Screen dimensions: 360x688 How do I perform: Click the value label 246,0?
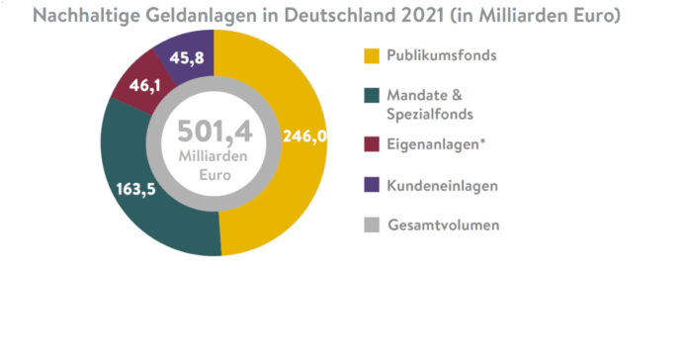pos(303,136)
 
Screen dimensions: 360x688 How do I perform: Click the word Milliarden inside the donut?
pos(213,157)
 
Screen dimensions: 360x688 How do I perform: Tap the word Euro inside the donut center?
pos(213,175)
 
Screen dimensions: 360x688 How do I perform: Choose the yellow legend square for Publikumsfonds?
pos(371,54)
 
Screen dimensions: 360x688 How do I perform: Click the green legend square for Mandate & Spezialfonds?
pos(371,96)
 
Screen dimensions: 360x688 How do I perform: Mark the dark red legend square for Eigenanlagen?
pos(371,144)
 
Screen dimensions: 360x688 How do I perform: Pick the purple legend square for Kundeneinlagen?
pos(371,185)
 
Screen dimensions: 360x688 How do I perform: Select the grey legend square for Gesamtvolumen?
pos(371,225)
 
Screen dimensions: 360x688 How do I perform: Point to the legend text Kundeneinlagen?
pos(441,185)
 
